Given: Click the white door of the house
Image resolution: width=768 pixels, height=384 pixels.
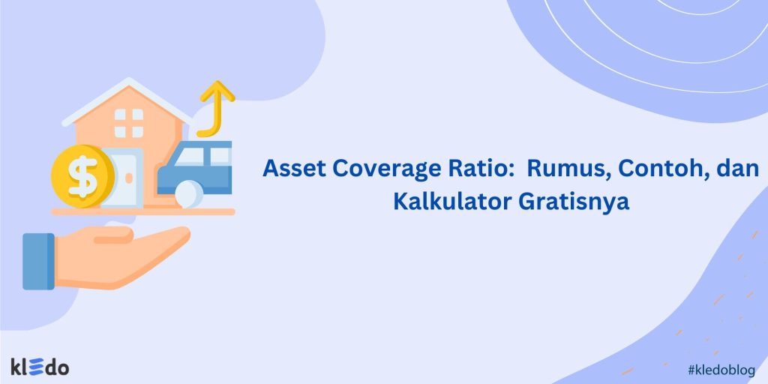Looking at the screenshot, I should click(x=120, y=178).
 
